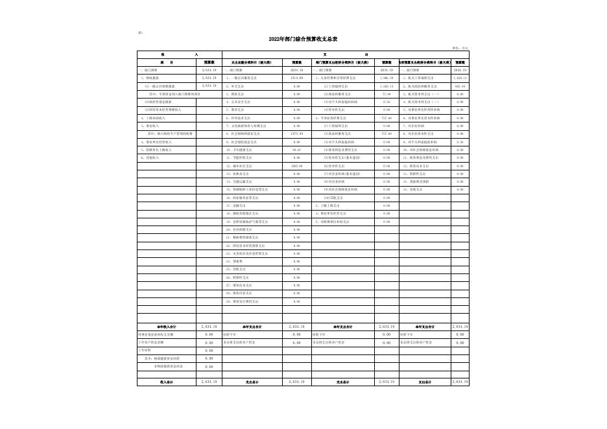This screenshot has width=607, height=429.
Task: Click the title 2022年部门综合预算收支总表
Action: pos(303,40)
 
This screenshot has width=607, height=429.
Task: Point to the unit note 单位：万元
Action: pos(460,47)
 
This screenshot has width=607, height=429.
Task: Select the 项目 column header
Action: pos(167,62)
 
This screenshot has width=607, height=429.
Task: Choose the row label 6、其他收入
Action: pos(150,157)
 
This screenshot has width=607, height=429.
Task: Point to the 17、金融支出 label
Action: pos(238,205)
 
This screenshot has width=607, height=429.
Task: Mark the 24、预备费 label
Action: pos(236,261)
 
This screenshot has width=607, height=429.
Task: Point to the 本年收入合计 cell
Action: pos(167,327)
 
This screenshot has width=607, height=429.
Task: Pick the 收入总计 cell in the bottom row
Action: pos(167,382)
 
